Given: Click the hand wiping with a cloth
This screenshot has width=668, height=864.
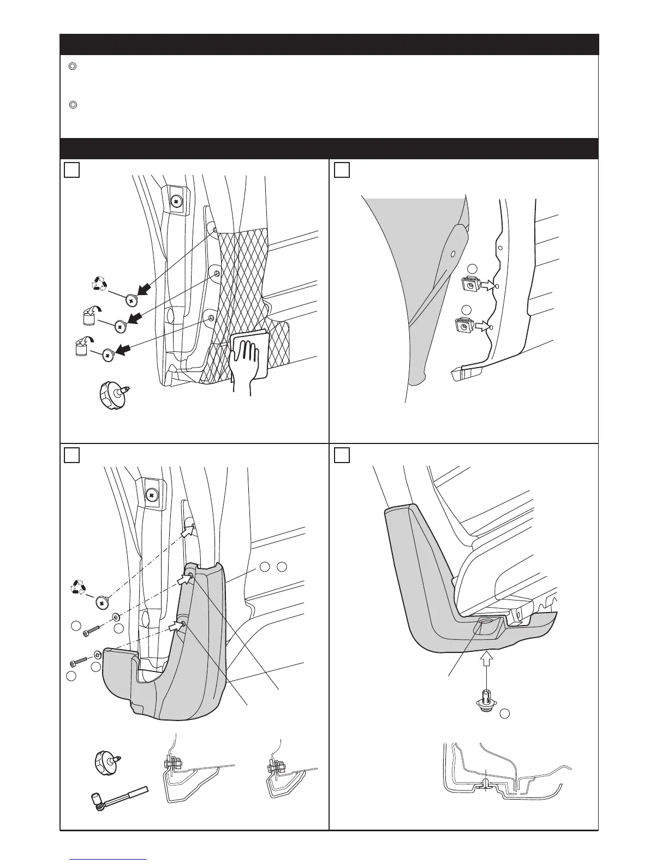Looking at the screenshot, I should (x=249, y=357).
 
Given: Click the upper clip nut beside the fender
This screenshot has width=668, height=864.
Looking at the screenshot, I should (x=470, y=285).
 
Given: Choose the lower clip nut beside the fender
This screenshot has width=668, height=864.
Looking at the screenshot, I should (x=463, y=326).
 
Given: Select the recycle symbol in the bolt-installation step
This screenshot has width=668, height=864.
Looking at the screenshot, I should (x=79, y=588).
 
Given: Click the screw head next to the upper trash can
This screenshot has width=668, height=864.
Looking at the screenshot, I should (x=120, y=326).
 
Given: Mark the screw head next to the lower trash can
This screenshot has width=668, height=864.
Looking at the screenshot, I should (x=108, y=355).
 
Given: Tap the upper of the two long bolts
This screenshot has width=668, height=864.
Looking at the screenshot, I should (x=91, y=631).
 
